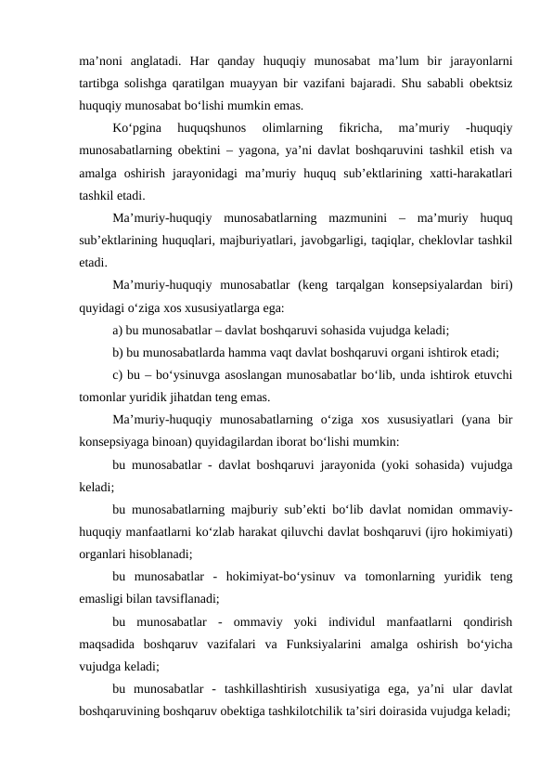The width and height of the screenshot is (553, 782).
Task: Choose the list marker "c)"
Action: pyautogui.click(x=118, y=378)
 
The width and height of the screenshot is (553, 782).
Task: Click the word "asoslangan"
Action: pyautogui.click(x=251, y=378)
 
